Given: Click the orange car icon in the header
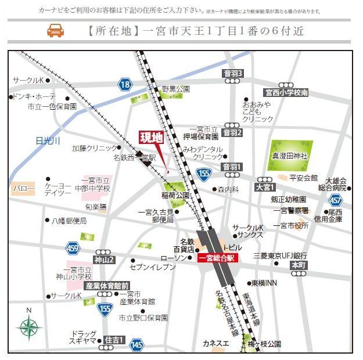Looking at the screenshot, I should pos(55,30).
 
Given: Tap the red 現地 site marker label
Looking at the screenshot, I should pos(151,138).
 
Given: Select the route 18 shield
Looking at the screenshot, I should pos(124,85).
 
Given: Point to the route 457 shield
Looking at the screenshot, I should pos(335,200).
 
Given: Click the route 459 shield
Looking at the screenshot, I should pos(72,248).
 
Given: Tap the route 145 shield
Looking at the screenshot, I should pos(136,345).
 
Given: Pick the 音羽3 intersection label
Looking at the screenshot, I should pos(232,73).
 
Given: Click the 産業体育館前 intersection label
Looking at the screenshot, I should pos(107,286).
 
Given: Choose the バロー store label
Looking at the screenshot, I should pos(23,189).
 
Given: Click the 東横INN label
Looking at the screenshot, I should pos(264,283).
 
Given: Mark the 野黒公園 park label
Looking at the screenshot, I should pos(175,89).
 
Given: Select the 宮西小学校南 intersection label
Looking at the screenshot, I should pos(286,92).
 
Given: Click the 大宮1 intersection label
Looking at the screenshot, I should pos(264,188).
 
